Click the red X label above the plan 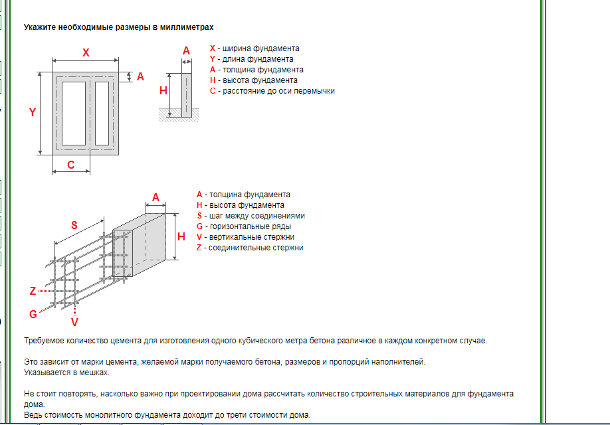pos(86,52)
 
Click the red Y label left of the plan pos(32,113)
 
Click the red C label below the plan pos(71,165)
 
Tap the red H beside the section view pos(163,91)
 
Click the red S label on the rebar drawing pos(74,225)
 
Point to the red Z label pos(33,291)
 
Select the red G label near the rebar pos(33,313)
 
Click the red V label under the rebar pos(74,322)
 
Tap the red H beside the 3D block pos(181,236)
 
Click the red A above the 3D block pos(156,197)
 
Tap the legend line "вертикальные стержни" pos(251,237)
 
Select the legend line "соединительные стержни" pos(255,248)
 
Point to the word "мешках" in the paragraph pos(93,373)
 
